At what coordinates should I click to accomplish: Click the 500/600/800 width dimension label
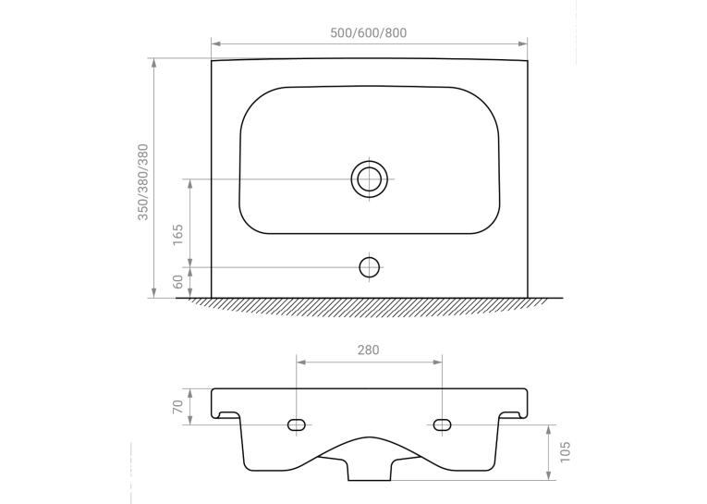coord(369,33)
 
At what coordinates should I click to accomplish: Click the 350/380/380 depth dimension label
coord(143,182)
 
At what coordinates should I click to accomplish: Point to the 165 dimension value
coord(178,235)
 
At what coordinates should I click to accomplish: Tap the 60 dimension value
coord(178,282)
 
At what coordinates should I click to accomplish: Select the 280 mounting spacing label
coord(369,350)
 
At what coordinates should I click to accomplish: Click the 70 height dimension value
coord(178,407)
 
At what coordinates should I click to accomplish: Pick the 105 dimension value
coord(565,452)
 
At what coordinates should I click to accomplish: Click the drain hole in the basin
coord(370,179)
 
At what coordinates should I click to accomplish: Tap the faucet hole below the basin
coord(370,267)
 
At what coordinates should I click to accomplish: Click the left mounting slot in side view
coord(297,425)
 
